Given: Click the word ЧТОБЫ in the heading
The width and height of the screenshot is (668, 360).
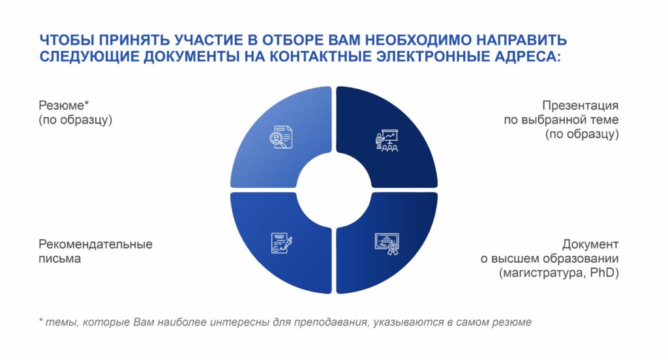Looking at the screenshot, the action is click(67, 40).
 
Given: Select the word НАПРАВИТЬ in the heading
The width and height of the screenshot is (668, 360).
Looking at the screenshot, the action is click(521, 40).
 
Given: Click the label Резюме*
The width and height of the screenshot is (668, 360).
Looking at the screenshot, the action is click(64, 105).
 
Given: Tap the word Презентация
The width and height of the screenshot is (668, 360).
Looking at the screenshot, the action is click(580, 105).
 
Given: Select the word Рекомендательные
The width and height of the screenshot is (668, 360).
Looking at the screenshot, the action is click(95, 245).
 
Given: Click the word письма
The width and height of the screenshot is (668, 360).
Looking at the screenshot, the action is click(59, 259).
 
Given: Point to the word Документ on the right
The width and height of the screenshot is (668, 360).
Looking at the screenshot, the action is click(590, 245).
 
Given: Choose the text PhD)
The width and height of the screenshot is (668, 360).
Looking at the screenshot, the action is click(604, 273).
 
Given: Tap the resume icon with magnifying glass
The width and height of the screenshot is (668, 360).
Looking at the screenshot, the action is click(281, 137).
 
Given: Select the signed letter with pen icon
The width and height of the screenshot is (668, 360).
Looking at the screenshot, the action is click(282, 243).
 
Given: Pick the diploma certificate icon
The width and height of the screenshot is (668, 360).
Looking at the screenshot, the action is click(387, 244).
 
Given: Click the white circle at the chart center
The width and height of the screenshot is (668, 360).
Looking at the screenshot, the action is click(334, 190).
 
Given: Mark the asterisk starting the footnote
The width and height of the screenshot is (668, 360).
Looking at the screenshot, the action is click(41, 320).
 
